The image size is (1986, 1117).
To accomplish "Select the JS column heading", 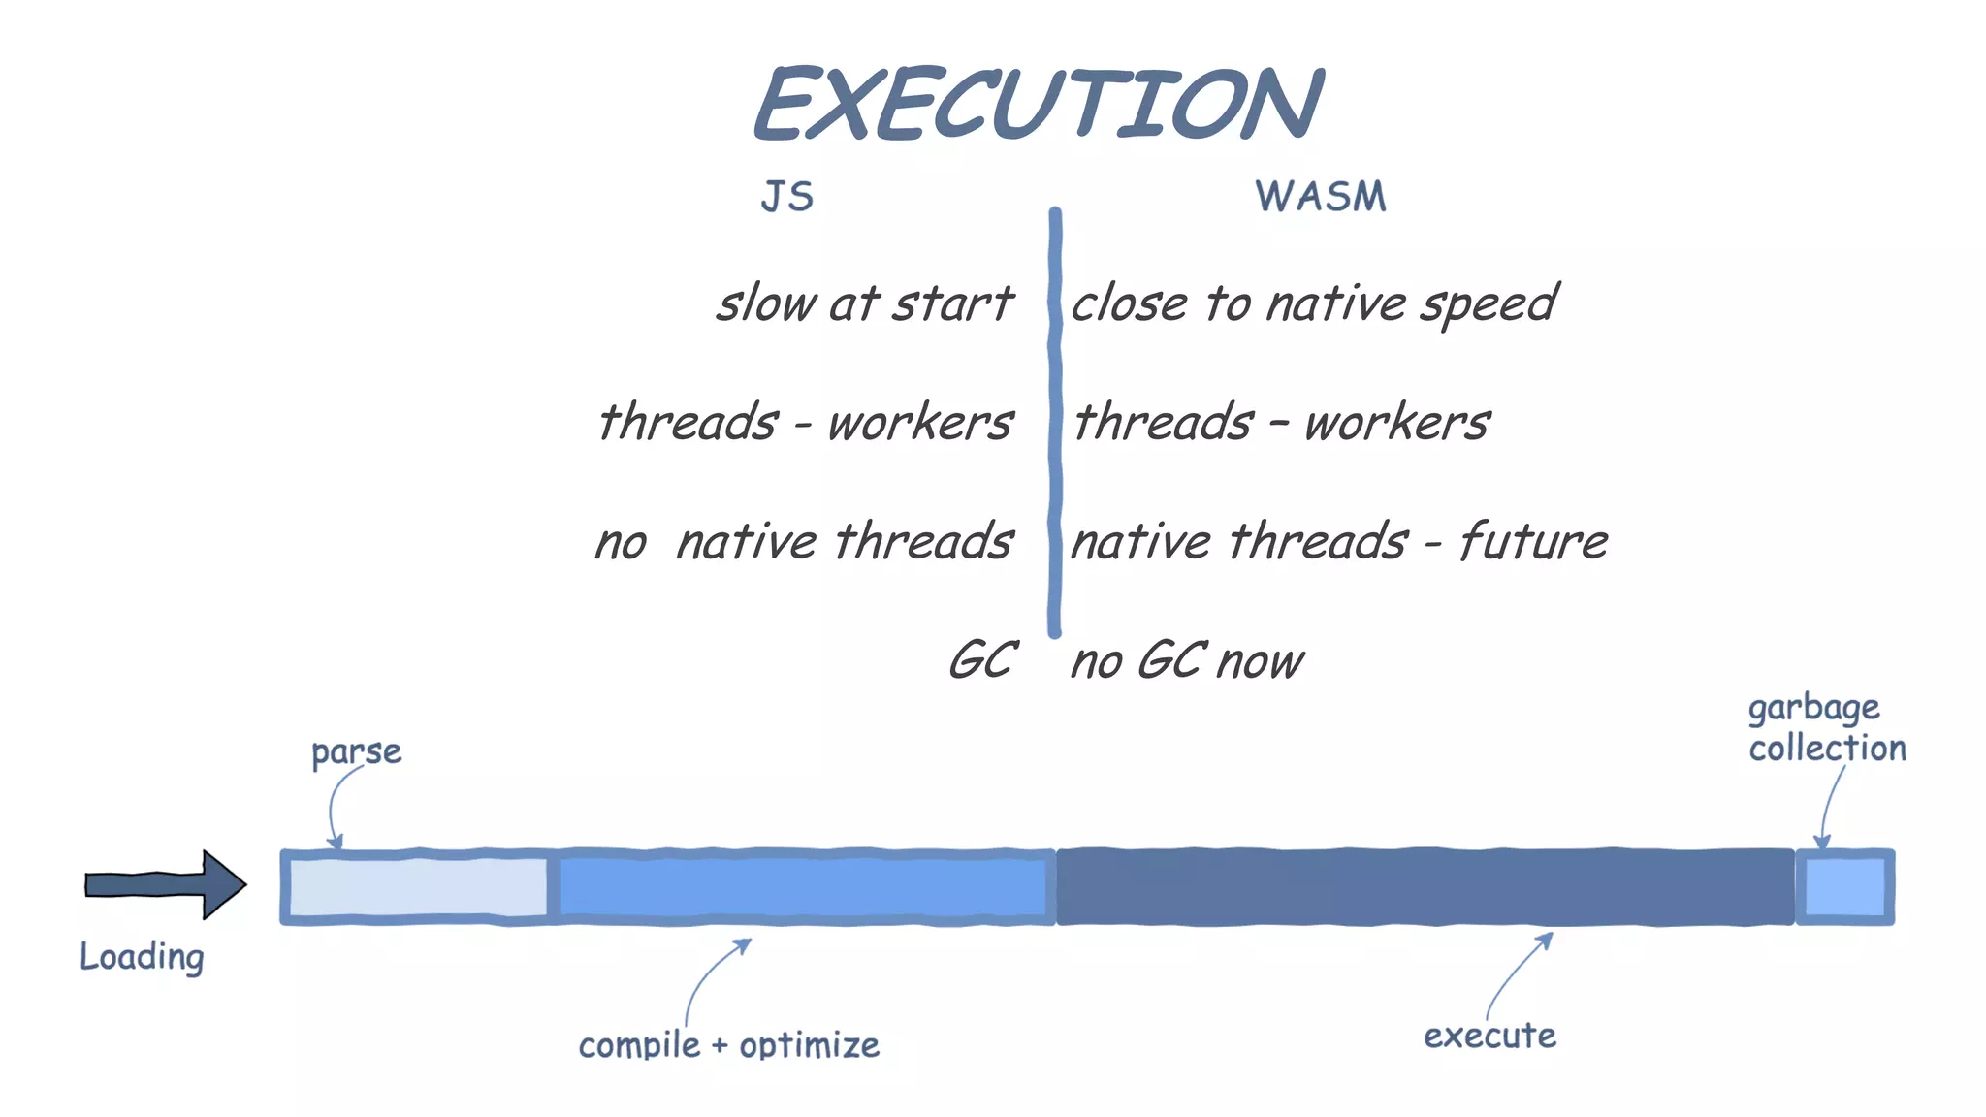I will [786, 197].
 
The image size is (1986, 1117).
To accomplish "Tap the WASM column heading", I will [1320, 197].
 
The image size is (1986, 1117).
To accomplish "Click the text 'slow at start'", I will [864, 303].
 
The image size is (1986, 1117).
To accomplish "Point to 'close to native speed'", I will [1313, 303].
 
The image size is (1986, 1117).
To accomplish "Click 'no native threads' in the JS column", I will [804, 541].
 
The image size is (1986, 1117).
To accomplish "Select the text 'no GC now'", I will [1187, 661].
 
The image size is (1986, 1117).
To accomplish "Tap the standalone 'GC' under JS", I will [981, 661].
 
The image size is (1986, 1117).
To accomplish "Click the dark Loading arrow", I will [165, 884].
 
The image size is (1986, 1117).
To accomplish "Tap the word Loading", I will [142, 957].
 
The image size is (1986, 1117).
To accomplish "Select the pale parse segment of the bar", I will [417, 887].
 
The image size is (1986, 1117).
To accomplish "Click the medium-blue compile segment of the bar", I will [803, 887].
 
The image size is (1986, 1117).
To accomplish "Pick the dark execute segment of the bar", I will [1424, 887].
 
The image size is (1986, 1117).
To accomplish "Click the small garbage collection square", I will [1844, 887].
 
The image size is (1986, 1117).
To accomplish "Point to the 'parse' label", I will [356, 752].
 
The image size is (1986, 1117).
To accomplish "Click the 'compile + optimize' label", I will [728, 1045].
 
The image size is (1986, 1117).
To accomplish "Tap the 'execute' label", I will [1489, 1036].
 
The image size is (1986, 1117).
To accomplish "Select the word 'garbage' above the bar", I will [1813, 708].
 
